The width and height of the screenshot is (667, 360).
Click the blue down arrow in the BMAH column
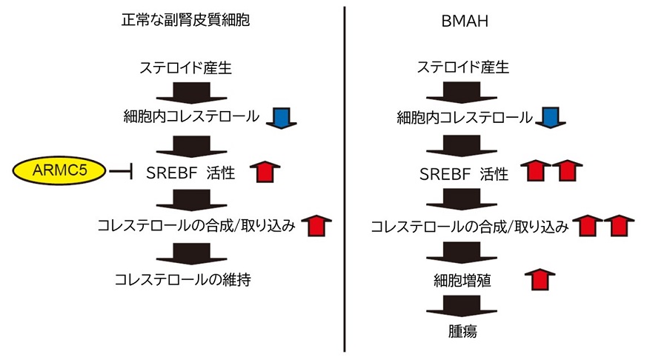[550, 117]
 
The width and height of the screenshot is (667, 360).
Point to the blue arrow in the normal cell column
[282, 117]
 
